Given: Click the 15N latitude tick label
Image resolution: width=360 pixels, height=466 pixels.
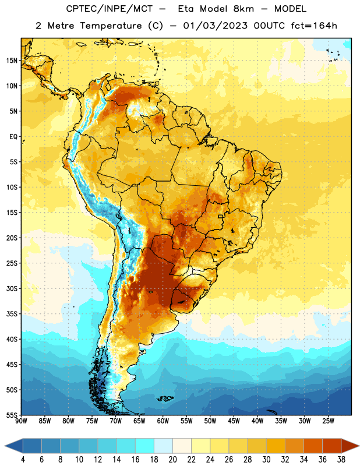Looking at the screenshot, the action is click(x=12, y=61).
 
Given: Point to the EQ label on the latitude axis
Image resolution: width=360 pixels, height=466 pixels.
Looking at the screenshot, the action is click(x=13, y=137).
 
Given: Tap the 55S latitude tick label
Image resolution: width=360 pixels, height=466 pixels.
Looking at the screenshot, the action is click(x=12, y=415).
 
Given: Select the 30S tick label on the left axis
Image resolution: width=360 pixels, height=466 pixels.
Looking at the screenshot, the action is click(x=12, y=288).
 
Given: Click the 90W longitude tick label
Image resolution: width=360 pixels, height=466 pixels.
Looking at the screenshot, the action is click(x=21, y=421).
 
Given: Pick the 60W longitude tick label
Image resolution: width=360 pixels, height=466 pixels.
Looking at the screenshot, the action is click(x=163, y=421).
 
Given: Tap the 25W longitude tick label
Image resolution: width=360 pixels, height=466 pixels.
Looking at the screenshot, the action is click(x=328, y=421).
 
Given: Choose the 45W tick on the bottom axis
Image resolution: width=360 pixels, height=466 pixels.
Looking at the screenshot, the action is click(x=234, y=421).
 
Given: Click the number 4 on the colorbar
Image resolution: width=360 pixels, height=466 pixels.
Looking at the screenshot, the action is click(x=23, y=460).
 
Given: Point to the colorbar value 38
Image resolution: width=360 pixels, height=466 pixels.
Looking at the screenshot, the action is click(x=341, y=460).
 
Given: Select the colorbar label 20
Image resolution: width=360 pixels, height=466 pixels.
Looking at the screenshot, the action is click(x=172, y=460).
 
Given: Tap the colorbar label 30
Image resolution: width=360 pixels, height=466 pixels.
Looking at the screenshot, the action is click(x=266, y=460).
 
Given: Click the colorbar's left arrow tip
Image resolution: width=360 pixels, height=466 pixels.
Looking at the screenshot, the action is click(x=5, y=446).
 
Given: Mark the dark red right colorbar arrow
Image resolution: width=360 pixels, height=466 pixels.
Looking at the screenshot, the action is click(x=350, y=446).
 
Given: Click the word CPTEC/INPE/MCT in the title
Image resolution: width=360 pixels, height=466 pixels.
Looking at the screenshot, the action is click(x=109, y=9).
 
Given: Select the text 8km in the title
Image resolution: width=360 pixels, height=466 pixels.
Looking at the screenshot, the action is click(x=243, y=9).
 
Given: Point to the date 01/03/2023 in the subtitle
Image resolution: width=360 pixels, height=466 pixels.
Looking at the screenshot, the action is click(x=215, y=26).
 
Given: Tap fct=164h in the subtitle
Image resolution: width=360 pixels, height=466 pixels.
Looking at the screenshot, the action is click(x=314, y=26).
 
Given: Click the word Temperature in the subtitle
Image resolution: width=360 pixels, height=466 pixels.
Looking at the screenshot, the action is click(x=111, y=26).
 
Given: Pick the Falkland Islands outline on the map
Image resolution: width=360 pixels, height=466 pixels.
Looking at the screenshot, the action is click(x=165, y=398).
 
